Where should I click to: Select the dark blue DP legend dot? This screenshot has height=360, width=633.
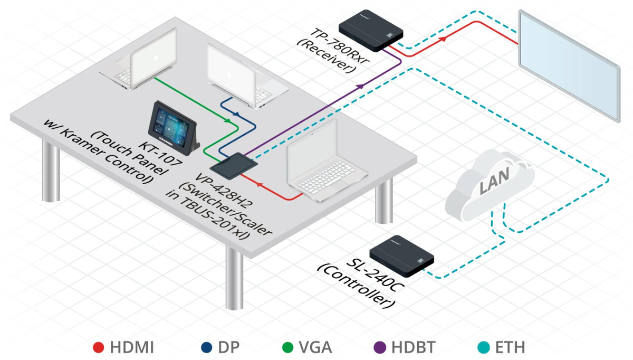pos(207,347)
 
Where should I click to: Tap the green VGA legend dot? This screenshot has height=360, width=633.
pos(288,347)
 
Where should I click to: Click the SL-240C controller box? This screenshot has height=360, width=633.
pos(402,255)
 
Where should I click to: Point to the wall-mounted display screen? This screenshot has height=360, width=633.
pos(569,65)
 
